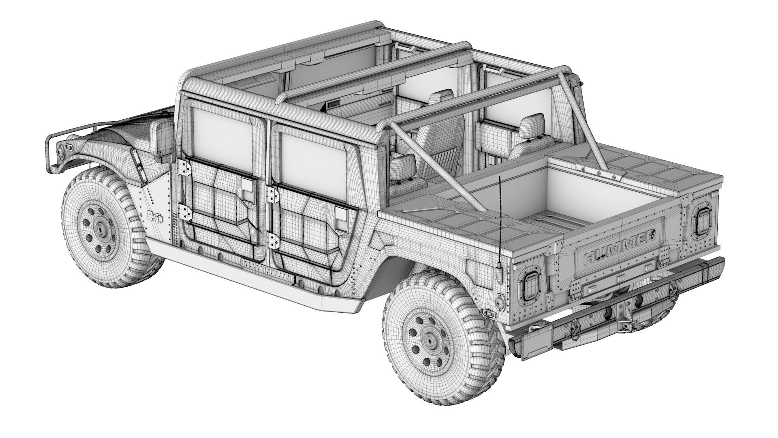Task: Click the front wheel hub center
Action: point(100,229)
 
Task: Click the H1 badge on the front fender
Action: point(155,217)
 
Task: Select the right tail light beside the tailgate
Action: point(702,221)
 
